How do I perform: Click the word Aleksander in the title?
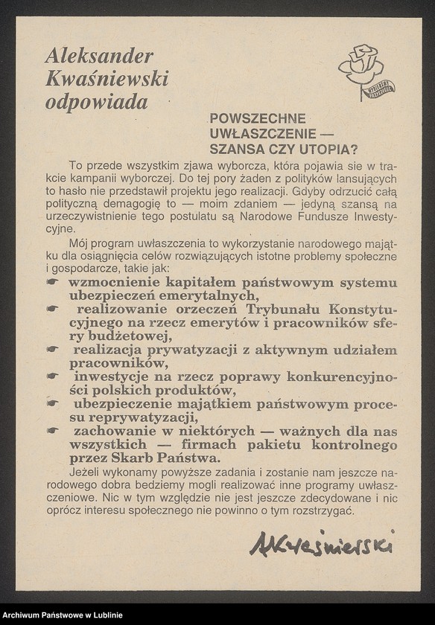click(x=99, y=56)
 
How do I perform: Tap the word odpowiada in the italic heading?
click(x=96, y=103)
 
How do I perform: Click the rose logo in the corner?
click(x=364, y=71)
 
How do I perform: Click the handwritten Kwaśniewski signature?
click(x=321, y=544)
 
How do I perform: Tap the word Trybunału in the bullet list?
click(x=286, y=309)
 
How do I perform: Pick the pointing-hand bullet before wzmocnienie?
click(x=52, y=282)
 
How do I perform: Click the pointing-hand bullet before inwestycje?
click(x=52, y=376)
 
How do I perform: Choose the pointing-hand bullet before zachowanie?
click(x=52, y=431)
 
